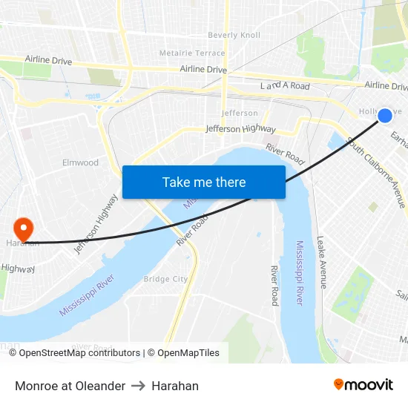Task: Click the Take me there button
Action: (204, 182)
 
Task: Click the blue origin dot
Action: (385, 116)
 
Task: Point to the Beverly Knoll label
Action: (234, 35)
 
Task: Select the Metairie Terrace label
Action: (192, 53)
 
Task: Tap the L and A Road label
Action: (285, 86)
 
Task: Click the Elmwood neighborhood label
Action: (80, 162)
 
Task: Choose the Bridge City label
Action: (165, 279)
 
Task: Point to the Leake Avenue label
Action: (321, 262)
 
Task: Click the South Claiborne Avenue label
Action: (377, 173)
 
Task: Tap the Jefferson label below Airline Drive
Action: (240, 113)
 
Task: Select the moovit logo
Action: (363, 384)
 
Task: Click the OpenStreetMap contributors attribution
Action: (79, 353)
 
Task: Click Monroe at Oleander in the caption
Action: (70, 386)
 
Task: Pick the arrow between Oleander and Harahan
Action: (138, 386)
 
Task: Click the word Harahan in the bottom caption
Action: (175, 386)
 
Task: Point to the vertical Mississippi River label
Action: (300, 273)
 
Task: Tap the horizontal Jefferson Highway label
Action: (240, 128)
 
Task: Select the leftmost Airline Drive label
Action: (48, 60)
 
